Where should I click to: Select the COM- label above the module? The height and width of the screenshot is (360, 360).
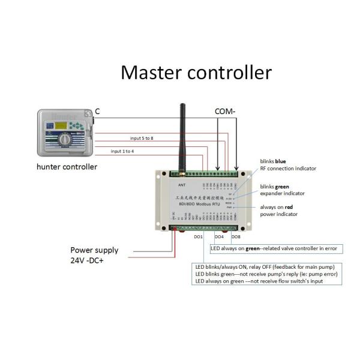coord(226,111)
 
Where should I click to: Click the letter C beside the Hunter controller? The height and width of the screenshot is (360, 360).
coord(97,111)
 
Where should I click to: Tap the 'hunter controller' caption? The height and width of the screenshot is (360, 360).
coord(67,167)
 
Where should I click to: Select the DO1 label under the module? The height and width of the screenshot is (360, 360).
coord(198,237)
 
